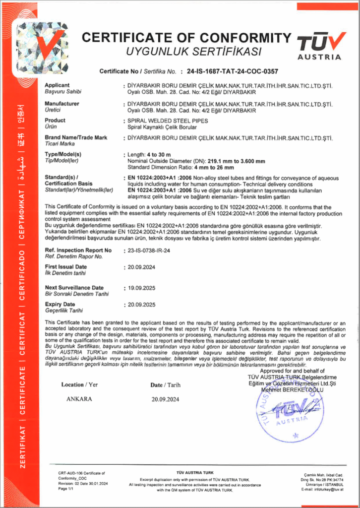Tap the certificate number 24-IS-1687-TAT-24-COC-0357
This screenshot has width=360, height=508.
(x=231, y=71)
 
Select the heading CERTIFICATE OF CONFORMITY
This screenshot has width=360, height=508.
(x=186, y=38)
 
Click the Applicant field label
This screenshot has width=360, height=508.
(x=57, y=85)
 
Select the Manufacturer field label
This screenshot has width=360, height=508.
(x=62, y=103)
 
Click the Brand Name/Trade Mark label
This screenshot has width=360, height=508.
(x=76, y=137)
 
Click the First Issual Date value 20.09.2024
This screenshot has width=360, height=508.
(x=142, y=267)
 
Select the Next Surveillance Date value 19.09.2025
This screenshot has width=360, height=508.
(x=142, y=288)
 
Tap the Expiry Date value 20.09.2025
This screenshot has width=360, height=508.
(x=142, y=305)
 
